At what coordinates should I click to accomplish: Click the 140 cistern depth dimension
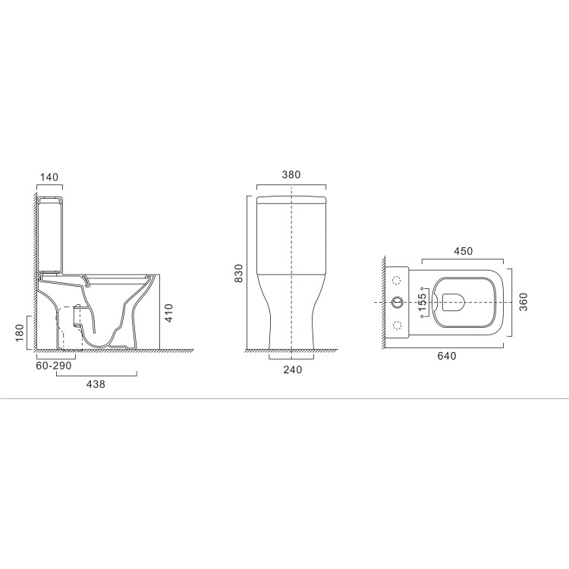click(49, 177)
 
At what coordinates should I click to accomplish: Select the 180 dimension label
click(20, 332)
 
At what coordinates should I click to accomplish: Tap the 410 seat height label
click(169, 313)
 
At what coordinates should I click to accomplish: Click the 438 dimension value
click(95, 385)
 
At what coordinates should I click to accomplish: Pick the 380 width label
click(291, 174)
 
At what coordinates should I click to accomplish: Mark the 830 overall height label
click(238, 273)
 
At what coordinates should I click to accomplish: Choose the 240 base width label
click(292, 369)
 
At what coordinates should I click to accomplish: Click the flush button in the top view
click(396, 302)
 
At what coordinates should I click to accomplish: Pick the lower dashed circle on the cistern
click(396, 325)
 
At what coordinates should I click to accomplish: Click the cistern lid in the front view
click(291, 200)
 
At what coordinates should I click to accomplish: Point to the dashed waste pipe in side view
click(70, 326)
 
